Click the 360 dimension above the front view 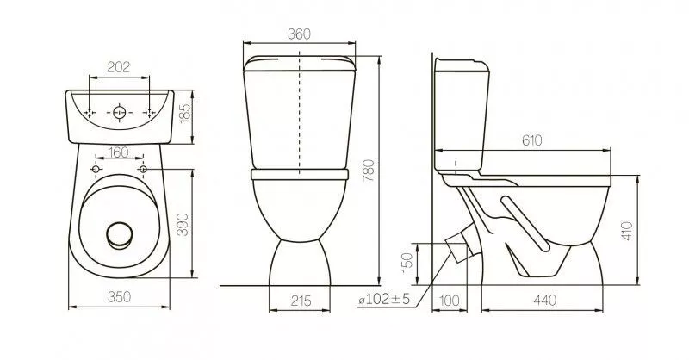tap(299, 34)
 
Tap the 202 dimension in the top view tap(119, 67)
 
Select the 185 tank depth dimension tap(185, 114)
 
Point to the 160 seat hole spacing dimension tap(119, 152)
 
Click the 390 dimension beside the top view tap(183, 224)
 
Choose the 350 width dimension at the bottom tap(119, 297)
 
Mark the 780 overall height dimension tap(369, 171)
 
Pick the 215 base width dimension tap(301, 301)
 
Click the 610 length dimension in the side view tap(532, 140)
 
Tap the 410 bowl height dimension tap(627, 231)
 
